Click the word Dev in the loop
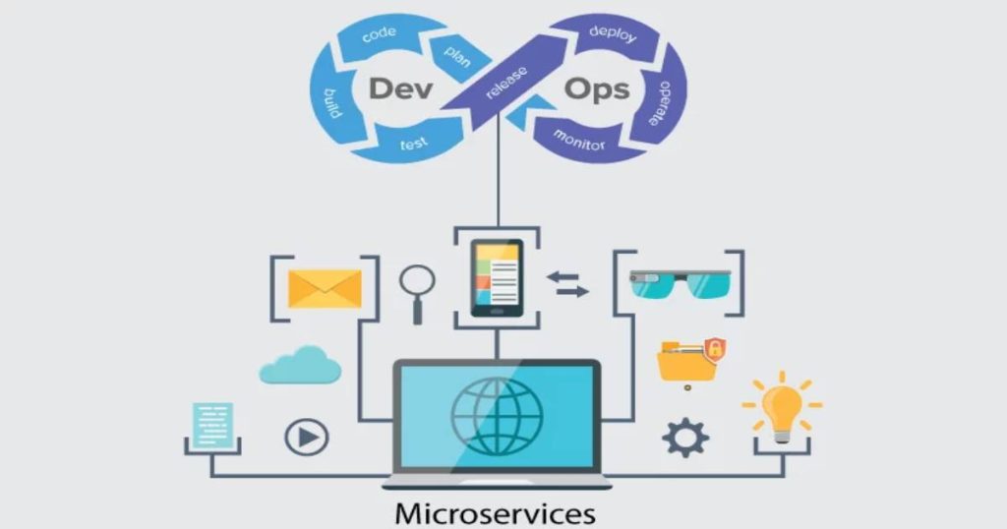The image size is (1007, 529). tap(400, 88)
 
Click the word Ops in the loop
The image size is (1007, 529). tap(597, 89)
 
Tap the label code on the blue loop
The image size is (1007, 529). tap(379, 34)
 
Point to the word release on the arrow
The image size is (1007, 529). tap(506, 83)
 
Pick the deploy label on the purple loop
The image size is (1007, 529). tap(613, 33)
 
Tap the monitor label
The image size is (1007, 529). tap(579, 140)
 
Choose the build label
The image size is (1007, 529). tap(332, 103)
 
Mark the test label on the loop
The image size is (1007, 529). tap(414, 144)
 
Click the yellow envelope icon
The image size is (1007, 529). tap(325, 289)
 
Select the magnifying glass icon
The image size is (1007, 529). tap(417, 294)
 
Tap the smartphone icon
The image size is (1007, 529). tap(497, 278)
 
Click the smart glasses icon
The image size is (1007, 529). tap(681, 284)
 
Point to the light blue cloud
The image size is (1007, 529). tap(300, 365)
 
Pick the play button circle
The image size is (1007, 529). tap(307, 438)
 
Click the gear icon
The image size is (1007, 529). tap(685, 438)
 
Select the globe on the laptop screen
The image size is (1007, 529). tap(497, 416)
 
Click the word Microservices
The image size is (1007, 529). tap(496, 514)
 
